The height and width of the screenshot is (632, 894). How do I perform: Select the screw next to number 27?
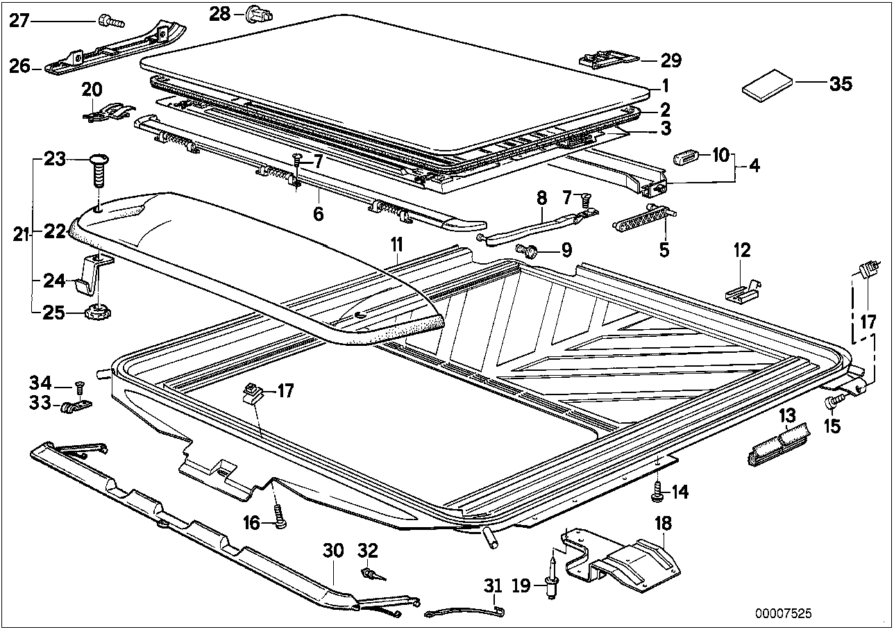(x=110, y=22)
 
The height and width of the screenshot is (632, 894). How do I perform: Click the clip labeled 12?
(x=741, y=290)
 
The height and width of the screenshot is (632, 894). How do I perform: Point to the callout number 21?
(x=21, y=235)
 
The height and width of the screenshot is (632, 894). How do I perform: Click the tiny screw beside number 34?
(x=78, y=384)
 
